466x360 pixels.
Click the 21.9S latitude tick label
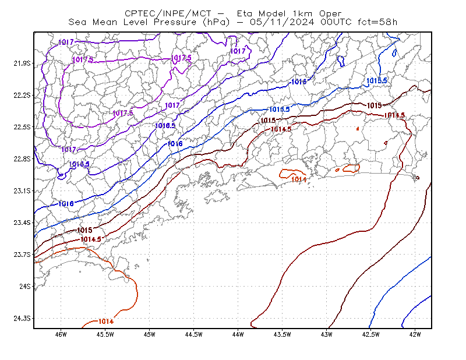[x=22, y=63]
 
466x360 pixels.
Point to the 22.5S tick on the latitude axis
[x=22, y=127]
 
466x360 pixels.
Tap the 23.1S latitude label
[x=22, y=191]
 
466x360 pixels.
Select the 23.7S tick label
[x=22, y=255]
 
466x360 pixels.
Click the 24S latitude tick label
[x=24, y=286]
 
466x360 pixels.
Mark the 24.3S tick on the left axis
[x=22, y=319]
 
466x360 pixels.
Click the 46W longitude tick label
[x=61, y=334]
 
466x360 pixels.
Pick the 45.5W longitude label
[x=105, y=334]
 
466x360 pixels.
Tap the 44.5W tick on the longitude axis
[x=194, y=334]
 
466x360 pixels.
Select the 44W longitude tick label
[x=238, y=334]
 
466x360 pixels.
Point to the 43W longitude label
[x=327, y=334]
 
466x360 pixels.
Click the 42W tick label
[x=415, y=334]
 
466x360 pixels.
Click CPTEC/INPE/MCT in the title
[x=168, y=13]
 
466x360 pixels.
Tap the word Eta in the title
[x=245, y=13]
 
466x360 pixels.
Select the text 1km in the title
[x=302, y=13]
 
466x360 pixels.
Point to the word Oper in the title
[x=330, y=13]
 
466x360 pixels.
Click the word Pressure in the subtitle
[x=175, y=22]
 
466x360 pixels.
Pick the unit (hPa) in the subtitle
[x=216, y=22]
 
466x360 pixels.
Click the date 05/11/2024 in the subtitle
[x=282, y=22]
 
